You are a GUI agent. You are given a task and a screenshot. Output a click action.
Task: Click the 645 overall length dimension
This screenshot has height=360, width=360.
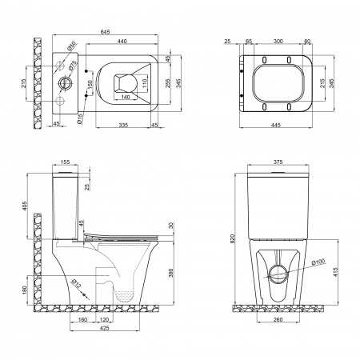(105, 32)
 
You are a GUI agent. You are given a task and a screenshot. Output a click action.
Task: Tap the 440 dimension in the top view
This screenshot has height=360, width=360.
(122, 41)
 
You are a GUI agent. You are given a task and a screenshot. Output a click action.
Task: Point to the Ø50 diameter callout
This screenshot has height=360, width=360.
(72, 46)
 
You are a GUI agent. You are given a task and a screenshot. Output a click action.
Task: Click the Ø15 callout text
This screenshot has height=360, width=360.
(80, 118)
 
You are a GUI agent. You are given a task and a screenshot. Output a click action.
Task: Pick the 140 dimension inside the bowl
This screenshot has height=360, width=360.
(126, 97)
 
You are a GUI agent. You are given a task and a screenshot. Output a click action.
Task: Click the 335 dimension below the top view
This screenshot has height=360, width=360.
(123, 125)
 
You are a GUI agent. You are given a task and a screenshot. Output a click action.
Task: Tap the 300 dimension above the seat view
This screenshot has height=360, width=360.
(278, 41)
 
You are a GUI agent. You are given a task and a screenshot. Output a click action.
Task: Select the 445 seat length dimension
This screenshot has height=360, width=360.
(276, 125)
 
